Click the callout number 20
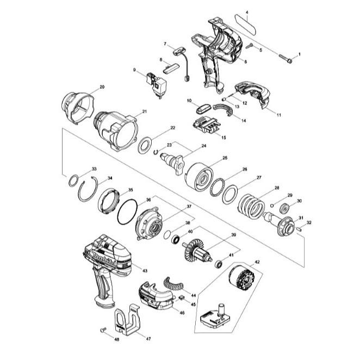point(102,87)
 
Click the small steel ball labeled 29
point(271,206)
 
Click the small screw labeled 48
point(102,330)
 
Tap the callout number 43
point(145,270)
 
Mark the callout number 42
point(257,262)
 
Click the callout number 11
point(278,115)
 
